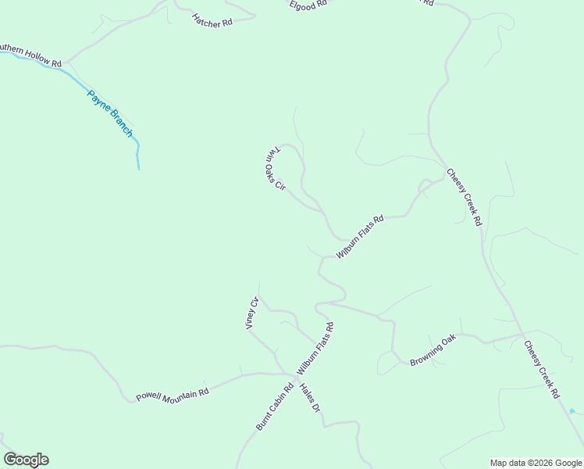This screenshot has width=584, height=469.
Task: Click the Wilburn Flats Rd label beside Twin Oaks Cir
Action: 360,237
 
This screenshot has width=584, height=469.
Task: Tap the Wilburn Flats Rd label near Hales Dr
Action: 315,349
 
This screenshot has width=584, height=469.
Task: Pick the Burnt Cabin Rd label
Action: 274,406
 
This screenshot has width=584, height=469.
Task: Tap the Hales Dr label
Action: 310,397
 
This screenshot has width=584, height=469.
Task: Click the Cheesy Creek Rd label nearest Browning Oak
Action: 542,370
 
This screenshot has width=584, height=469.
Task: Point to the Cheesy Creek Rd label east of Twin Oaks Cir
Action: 464,197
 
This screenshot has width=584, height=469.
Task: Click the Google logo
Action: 26,460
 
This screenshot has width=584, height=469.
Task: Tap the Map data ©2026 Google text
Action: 536,463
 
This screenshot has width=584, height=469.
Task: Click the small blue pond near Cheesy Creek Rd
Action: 572,410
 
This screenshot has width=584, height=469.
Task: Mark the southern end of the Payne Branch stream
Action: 138,168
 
